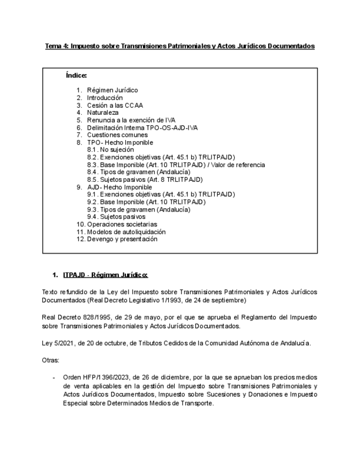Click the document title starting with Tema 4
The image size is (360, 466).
click(180, 47)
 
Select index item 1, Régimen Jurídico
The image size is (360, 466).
click(112, 90)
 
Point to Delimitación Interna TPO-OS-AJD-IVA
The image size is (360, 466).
click(142, 127)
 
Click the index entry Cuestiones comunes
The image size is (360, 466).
click(117, 135)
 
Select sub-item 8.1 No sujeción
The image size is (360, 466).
click(110, 149)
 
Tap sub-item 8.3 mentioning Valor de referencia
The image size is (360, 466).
click(176, 165)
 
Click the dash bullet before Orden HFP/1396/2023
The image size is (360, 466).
click(54, 378)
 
